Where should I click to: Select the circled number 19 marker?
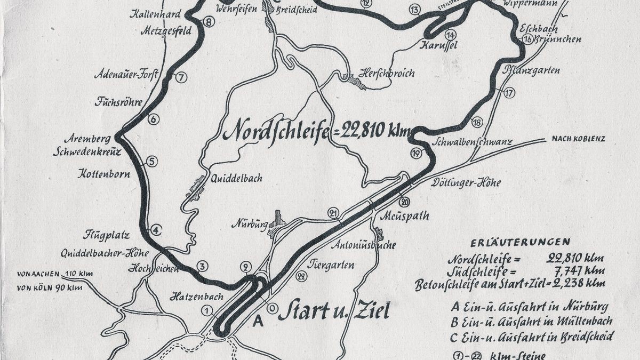416,154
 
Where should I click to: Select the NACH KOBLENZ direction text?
572,140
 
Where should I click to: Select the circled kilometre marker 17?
509,93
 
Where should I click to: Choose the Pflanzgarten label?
535,70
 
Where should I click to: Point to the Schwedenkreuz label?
87,151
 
